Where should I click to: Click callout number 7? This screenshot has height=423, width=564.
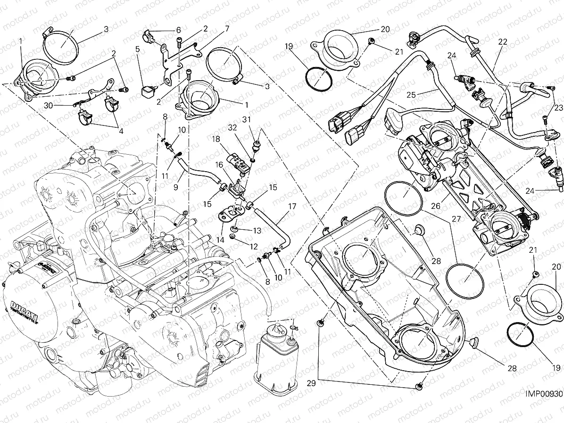pos(227,28)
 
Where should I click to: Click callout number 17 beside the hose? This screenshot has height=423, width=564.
pos(292,206)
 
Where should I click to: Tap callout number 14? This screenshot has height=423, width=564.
pos(220,240)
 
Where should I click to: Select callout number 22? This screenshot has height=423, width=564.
pos(503,41)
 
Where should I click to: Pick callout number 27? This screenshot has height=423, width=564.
pos(456,219)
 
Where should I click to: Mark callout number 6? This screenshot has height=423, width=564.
pos(178,30)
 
